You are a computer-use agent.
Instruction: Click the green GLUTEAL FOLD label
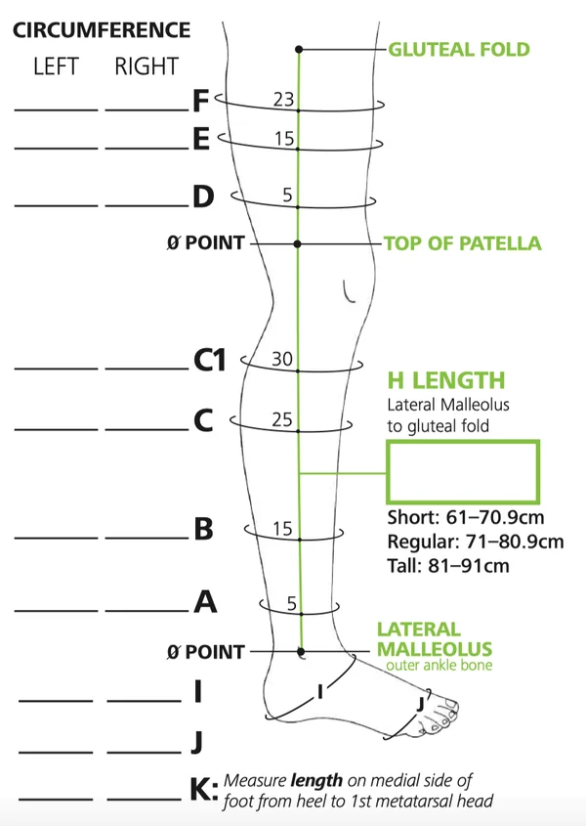coord(459,50)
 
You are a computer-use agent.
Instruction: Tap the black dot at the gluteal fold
coord(299,50)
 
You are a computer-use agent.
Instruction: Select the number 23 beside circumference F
coord(283,99)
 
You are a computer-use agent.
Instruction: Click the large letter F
coord(201,101)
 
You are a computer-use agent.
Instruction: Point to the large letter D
coord(203,196)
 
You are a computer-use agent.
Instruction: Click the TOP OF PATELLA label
coord(462,243)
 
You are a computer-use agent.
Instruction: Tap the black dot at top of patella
coord(298,244)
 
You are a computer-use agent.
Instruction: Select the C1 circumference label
coord(210,361)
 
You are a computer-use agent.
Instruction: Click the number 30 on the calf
coord(282,359)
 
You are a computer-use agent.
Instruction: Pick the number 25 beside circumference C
coord(282,419)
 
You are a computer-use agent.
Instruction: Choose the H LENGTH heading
coord(446,380)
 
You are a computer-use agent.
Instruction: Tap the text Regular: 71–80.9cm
coord(476,542)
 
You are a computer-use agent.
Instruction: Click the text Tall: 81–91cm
coord(448,566)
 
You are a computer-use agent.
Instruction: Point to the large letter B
coord(203,529)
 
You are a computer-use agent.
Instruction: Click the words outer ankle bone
coord(439,665)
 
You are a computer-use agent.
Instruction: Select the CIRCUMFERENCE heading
coord(102,30)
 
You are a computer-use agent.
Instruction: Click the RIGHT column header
coord(146,66)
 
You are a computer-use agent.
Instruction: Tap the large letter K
coord(201,790)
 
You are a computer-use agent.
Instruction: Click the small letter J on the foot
coord(421,705)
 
